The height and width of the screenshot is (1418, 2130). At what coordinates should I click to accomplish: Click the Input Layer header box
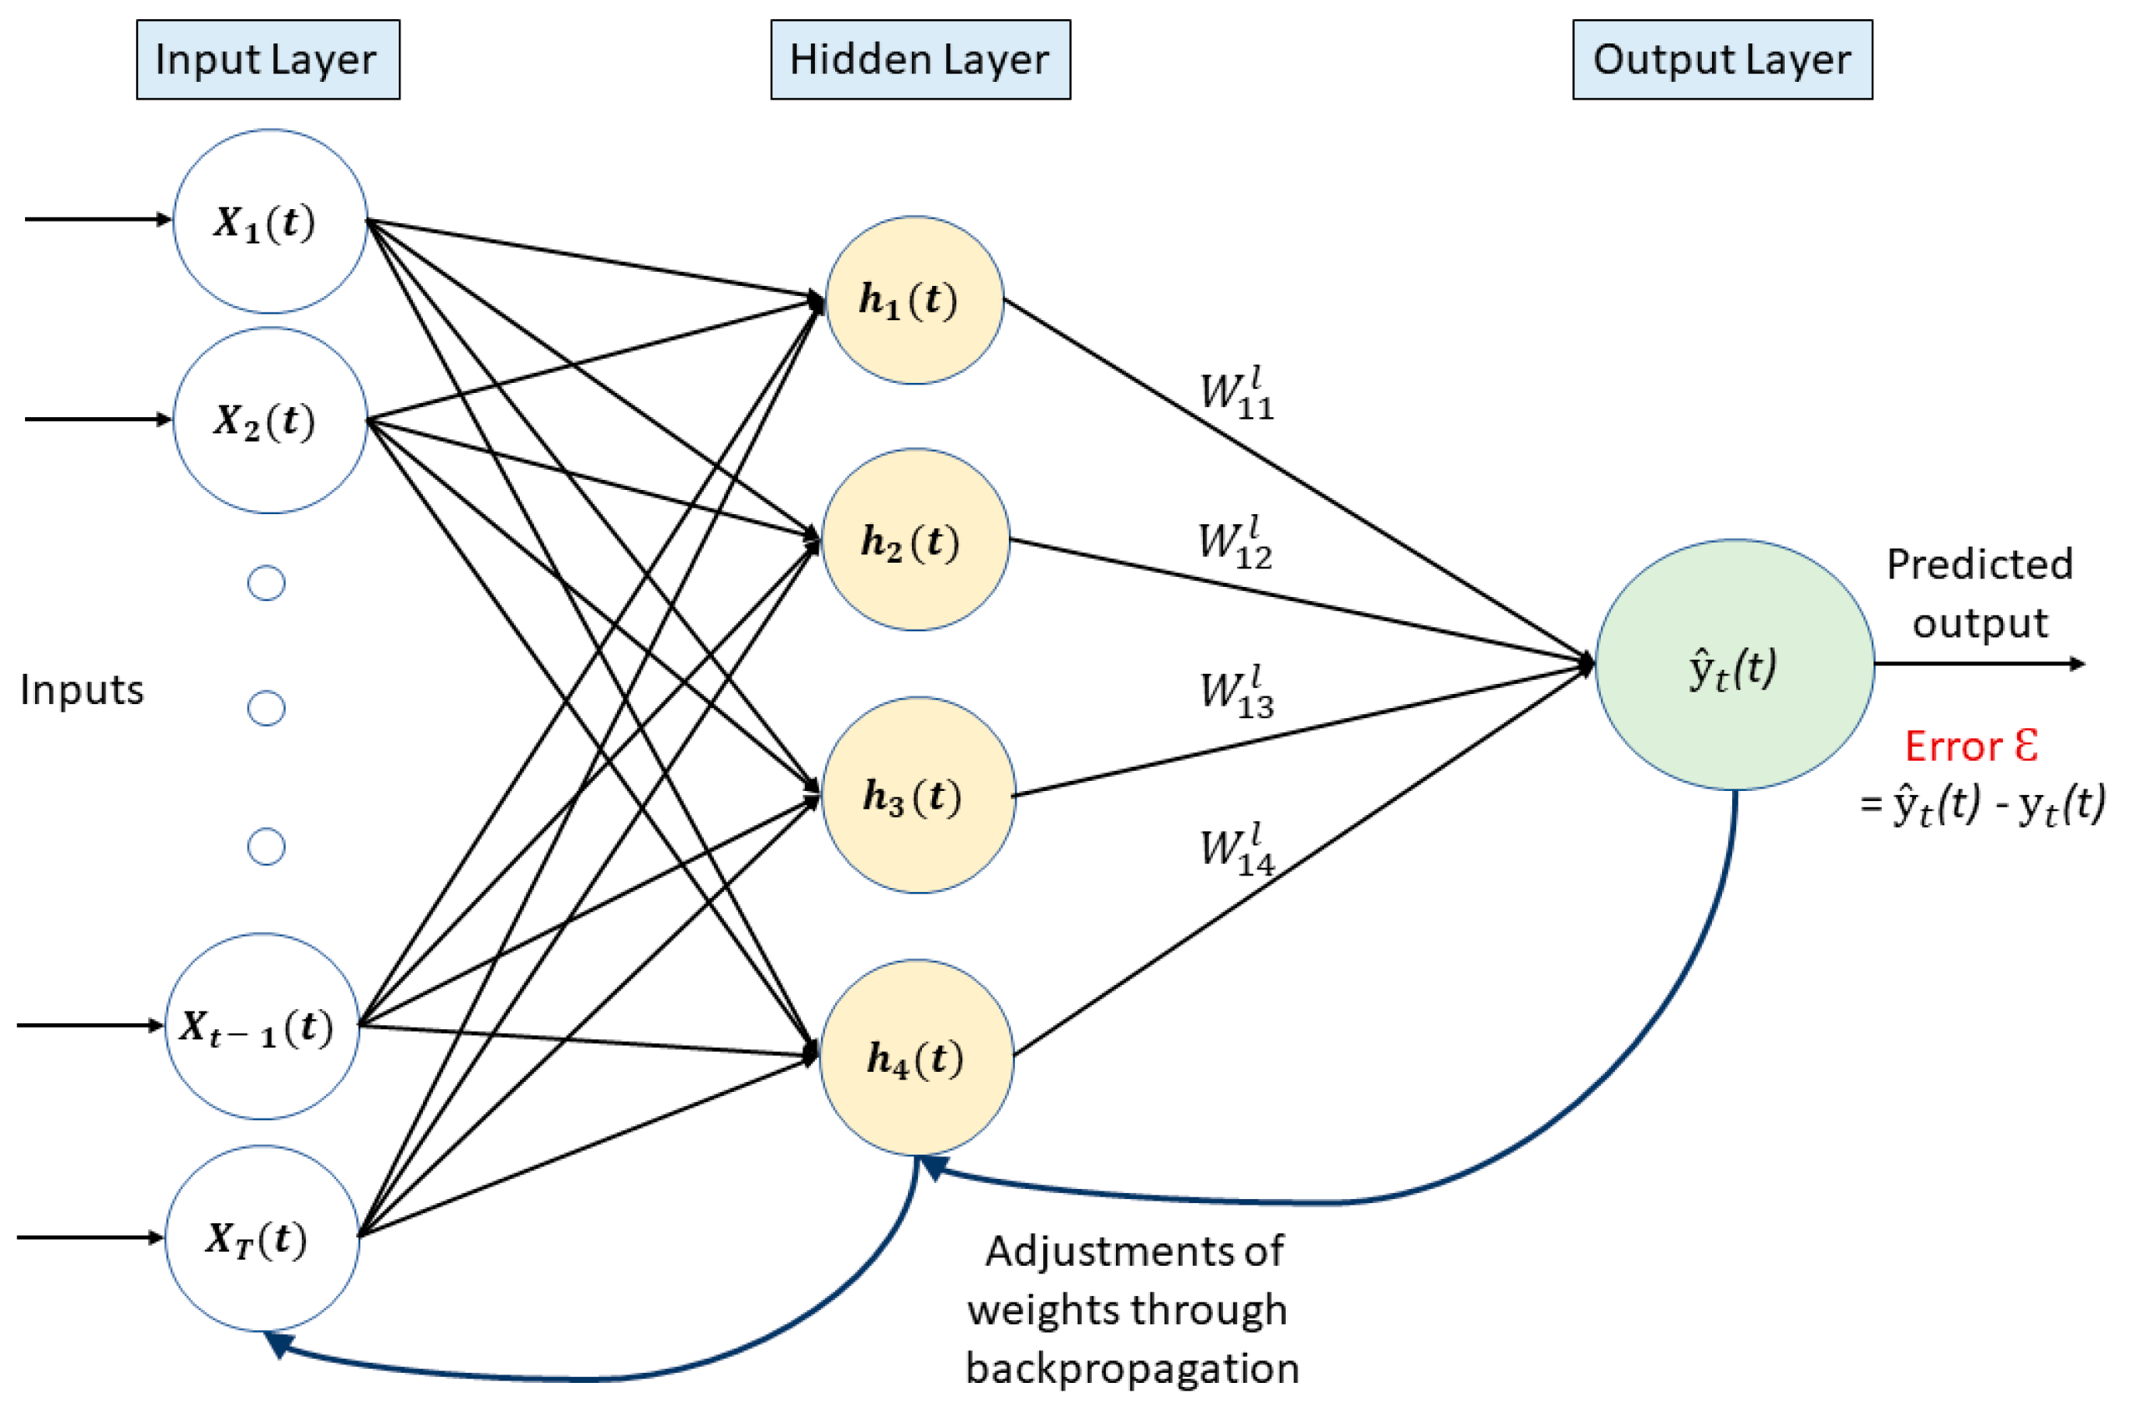click(x=268, y=59)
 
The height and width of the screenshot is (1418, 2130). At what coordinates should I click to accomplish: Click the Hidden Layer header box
click(x=920, y=59)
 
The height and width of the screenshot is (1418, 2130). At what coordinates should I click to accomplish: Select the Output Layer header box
click(x=1721, y=59)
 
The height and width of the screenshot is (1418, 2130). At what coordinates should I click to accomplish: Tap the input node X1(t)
click(x=269, y=222)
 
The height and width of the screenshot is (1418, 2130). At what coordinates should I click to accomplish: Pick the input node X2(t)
click(x=269, y=421)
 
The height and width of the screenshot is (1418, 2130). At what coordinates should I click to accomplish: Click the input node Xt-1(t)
click(x=262, y=1027)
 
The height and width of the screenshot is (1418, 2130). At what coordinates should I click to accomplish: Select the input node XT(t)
click(x=262, y=1238)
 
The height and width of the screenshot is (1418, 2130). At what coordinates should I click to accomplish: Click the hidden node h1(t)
click(x=914, y=300)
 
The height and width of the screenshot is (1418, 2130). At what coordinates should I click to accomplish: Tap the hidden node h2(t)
click(x=915, y=540)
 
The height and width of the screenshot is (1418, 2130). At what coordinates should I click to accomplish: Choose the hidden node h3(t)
click(x=918, y=795)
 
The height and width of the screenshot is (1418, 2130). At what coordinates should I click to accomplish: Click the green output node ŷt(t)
click(x=1733, y=666)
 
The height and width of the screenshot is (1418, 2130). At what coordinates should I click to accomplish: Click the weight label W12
click(x=1234, y=544)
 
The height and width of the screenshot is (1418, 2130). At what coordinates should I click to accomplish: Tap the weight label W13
click(x=1236, y=694)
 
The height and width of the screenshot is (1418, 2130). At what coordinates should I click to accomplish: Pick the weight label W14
click(x=1236, y=851)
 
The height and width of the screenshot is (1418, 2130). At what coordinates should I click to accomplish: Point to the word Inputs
click(x=81, y=690)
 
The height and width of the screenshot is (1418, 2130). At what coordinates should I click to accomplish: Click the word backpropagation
click(x=1131, y=1369)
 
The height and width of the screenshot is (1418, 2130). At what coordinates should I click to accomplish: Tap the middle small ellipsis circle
click(x=266, y=708)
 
